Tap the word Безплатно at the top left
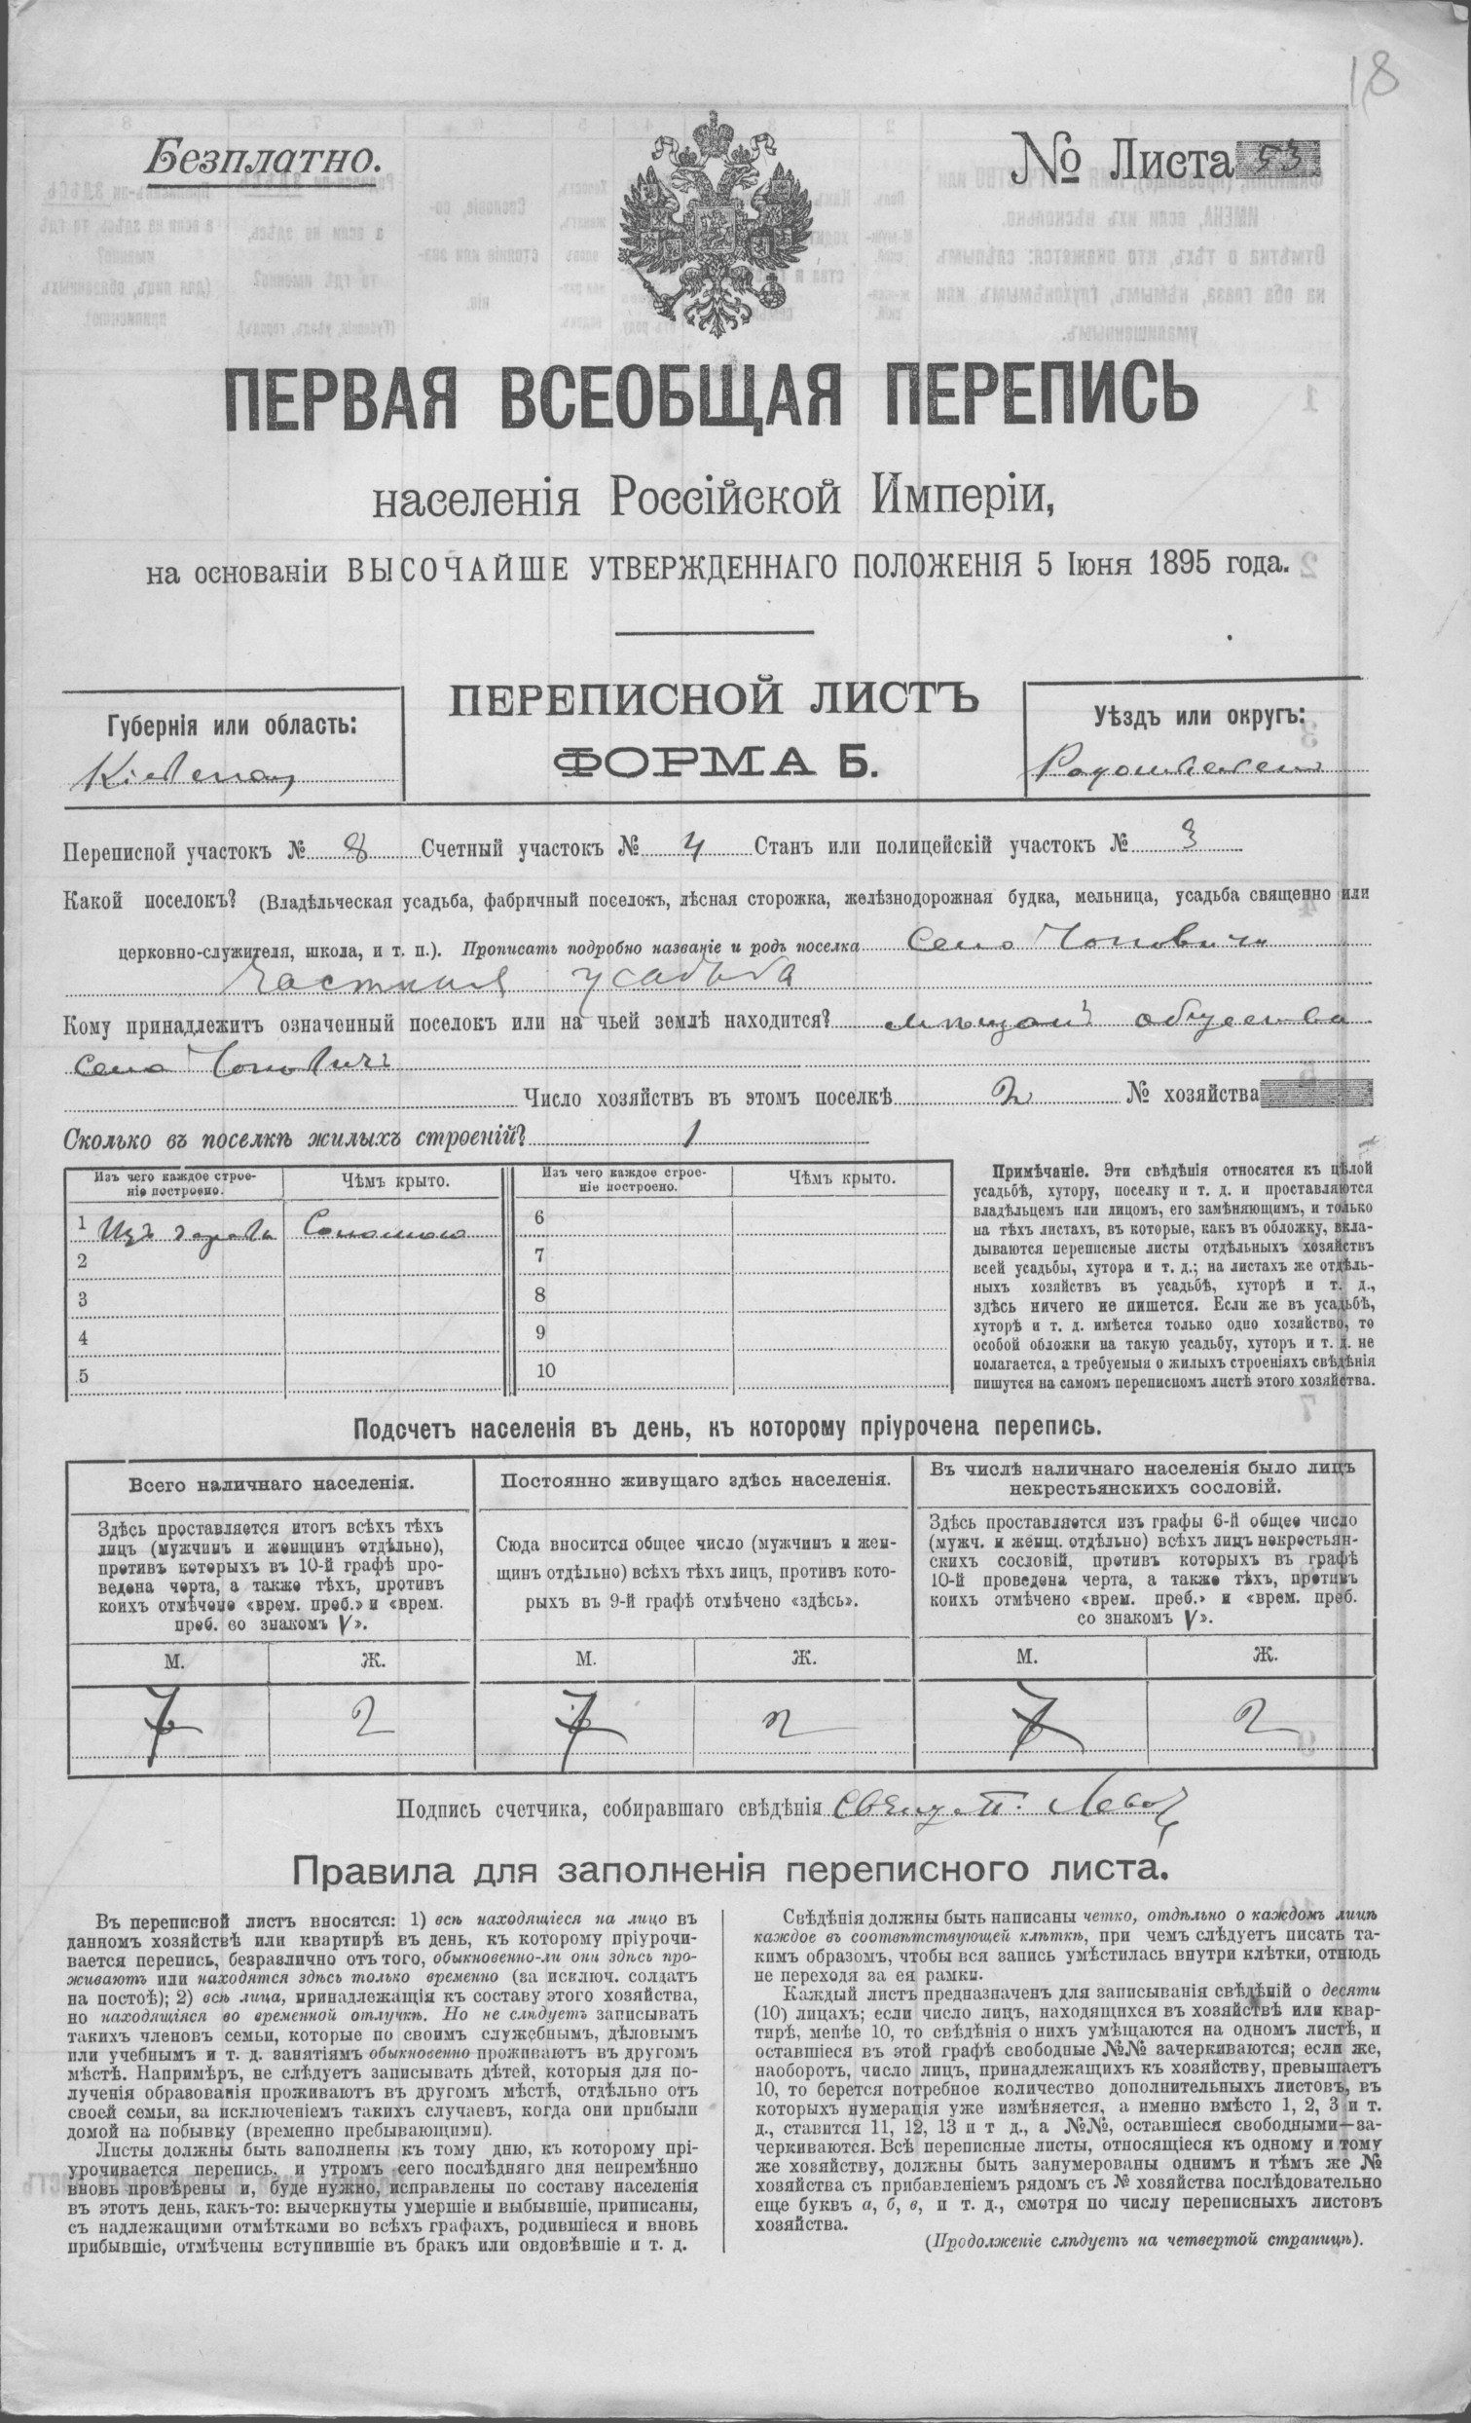click(259, 155)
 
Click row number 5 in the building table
click(84, 1375)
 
